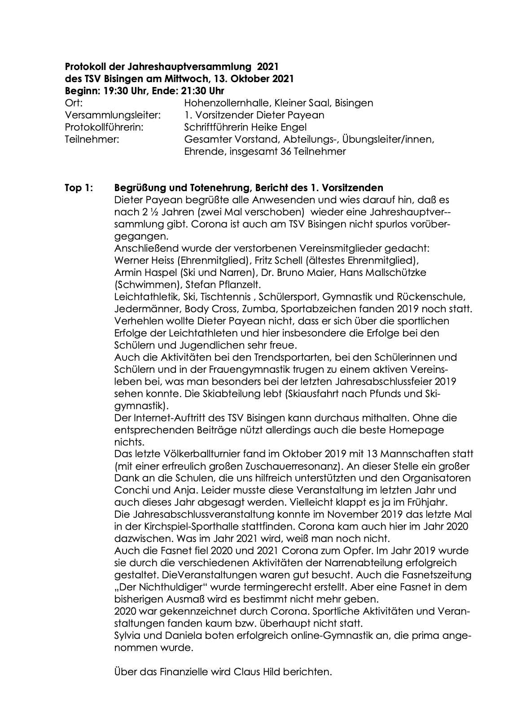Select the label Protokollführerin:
[x=104, y=127]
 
